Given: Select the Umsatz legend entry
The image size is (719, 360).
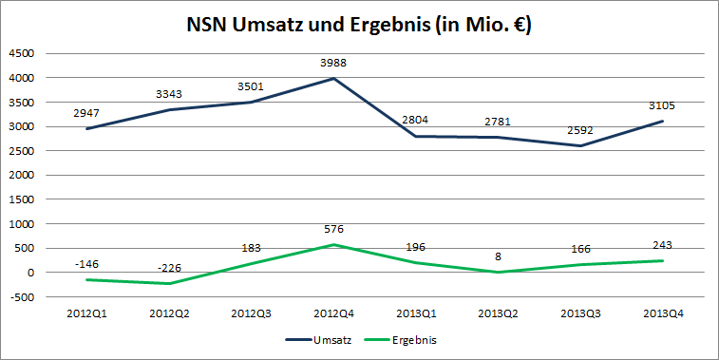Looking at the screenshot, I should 331,338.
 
